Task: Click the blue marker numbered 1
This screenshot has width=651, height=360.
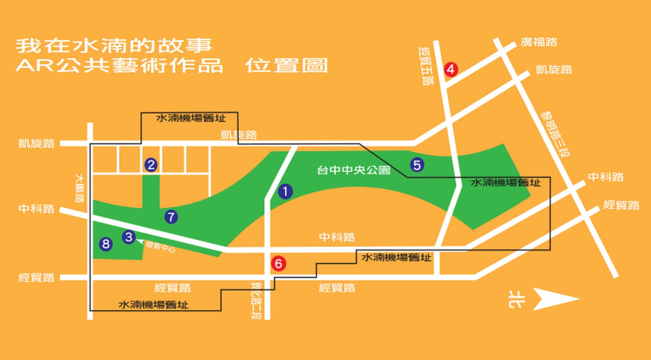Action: (x=285, y=191)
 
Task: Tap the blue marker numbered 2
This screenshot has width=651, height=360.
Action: (x=151, y=165)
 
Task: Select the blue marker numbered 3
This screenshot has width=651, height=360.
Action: (x=129, y=237)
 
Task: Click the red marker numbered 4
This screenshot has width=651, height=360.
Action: (x=450, y=69)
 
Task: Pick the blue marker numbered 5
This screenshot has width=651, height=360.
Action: (x=417, y=165)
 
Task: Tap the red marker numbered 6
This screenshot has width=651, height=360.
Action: (x=278, y=263)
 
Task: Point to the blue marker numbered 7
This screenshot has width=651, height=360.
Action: (x=171, y=217)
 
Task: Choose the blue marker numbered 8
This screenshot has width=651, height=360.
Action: (x=106, y=244)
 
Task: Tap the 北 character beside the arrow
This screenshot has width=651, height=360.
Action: (x=516, y=299)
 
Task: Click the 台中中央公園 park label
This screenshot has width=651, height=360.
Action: (x=353, y=170)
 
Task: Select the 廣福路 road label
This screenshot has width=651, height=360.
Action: (x=539, y=42)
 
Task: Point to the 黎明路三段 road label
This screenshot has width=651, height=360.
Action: (x=555, y=134)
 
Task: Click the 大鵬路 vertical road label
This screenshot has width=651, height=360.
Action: (x=80, y=189)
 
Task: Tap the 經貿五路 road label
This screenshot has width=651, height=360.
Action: (x=425, y=66)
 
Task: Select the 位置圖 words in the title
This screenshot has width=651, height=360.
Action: (x=286, y=66)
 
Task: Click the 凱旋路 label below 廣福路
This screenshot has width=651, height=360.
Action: (x=554, y=70)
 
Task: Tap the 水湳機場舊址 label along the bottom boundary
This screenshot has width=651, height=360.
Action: (x=153, y=305)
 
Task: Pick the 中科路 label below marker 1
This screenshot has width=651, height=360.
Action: (x=337, y=237)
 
